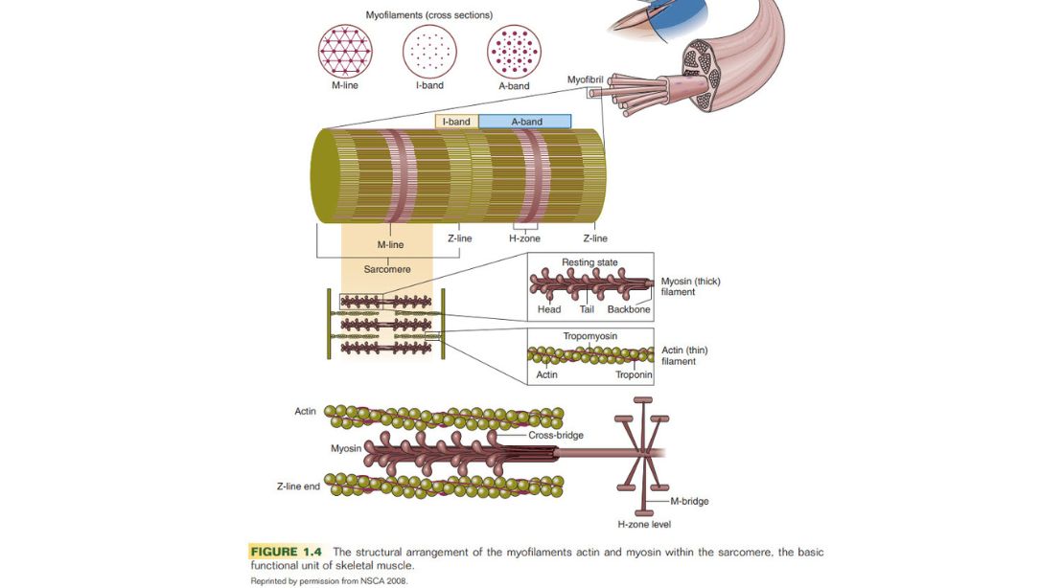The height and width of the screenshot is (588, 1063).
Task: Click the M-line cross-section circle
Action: pos(345,50)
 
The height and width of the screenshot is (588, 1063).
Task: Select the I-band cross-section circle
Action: pos(429,50)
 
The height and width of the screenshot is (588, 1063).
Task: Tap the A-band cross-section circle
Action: pos(514,50)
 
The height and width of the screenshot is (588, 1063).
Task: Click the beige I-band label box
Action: pos(456,122)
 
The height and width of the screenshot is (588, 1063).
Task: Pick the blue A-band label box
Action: pos(525,122)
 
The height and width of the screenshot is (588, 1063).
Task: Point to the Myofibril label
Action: pos(585,79)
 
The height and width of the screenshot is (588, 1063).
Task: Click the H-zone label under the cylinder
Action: pos(524,238)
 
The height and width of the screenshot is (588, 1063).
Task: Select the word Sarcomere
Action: pos(387,270)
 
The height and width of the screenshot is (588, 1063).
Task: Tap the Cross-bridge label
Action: pos(556,435)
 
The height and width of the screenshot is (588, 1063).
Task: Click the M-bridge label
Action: pos(690,501)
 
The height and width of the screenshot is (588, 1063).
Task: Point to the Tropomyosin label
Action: pos(589,337)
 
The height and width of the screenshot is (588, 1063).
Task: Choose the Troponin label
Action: pos(634,374)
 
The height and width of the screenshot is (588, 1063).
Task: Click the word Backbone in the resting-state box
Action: pos(629,309)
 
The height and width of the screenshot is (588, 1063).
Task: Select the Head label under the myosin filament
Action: pos(549,309)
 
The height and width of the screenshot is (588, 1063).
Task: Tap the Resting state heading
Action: pos(589,262)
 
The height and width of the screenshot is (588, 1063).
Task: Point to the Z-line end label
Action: pos(299,486)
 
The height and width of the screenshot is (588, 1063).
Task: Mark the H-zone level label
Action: pos(644,524)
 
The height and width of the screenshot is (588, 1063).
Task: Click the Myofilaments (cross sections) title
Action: pos(429,15)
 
